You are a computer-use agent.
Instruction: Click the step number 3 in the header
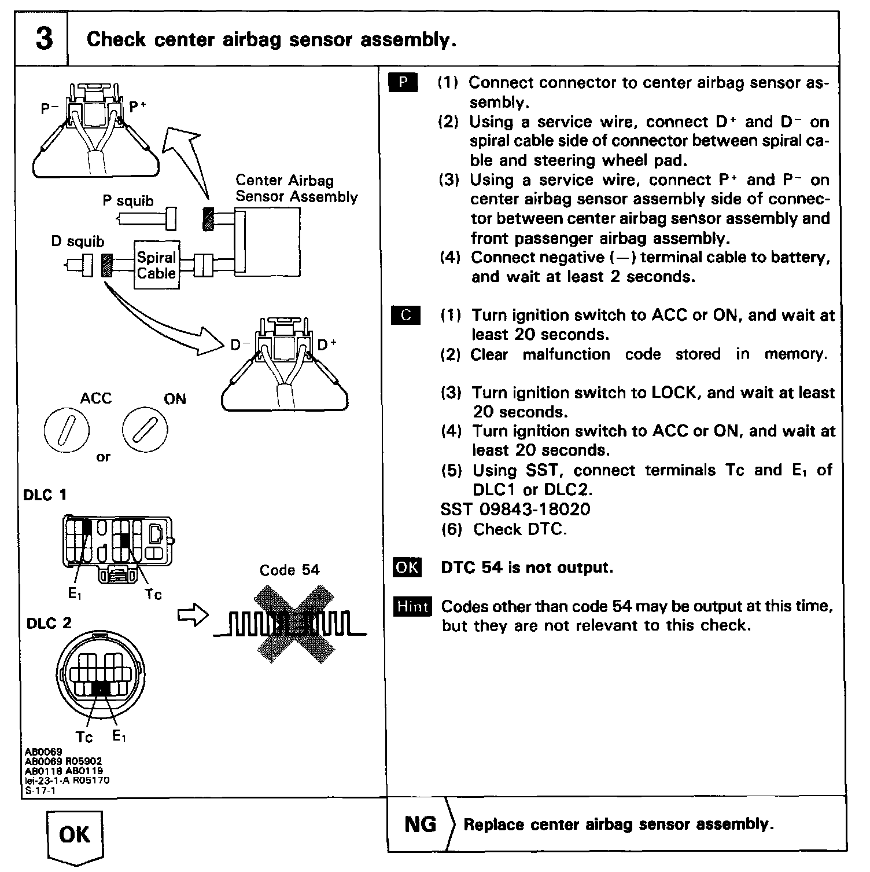point(43,38)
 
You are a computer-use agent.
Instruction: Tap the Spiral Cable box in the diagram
point(156,265)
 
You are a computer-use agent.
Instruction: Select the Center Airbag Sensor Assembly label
point(296,189)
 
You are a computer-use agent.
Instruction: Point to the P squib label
point(128,201)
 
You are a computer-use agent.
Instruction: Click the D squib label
point(78,241)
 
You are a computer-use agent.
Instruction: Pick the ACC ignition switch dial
point(67,431)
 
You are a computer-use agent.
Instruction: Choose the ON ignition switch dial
point(145,430)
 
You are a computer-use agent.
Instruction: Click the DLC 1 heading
point(45,495)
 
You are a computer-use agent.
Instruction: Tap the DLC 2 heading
point(49,624)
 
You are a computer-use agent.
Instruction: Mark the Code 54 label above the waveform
point(289,570)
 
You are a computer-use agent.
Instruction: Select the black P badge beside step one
point(403,83)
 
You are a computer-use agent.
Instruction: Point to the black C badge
point(405,316)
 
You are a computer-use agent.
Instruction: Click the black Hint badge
point(412,607)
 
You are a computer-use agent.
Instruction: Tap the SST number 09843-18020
point(515,510)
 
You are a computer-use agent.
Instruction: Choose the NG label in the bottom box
point(420,824)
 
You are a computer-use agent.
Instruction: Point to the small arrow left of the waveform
point(193,615)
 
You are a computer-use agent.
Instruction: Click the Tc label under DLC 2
point(84,737)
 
